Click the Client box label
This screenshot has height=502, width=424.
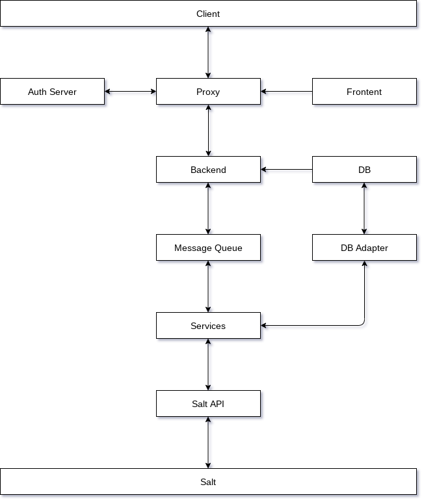click(208, 14)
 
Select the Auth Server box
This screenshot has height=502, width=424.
click(52, 91)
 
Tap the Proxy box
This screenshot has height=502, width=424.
click(208, 91)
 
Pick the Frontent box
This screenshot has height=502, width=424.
click(364, 91)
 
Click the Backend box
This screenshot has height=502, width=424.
click(208, 169)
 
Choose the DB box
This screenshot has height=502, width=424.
click(364, 169)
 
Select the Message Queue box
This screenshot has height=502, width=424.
click(208, 248)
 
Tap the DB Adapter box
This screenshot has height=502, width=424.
click(364, 248)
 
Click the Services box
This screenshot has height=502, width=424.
click(208, 326)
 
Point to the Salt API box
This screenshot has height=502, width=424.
click(208, 404)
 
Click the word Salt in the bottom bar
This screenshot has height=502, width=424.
click(208, 482)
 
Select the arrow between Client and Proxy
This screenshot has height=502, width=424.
click(208, 53)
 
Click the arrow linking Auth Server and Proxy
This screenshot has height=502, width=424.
click(130, 92)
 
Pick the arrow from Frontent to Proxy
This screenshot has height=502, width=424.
click(287, 92)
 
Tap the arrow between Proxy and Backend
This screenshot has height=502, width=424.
click(208, 131)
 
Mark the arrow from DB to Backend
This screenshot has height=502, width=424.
click(287, 169)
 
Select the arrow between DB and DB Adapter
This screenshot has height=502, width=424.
click(364, 209)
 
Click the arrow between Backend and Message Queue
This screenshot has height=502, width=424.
click(208, 209)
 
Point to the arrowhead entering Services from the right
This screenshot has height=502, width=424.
click(263, 326)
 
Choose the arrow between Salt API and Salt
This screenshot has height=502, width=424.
click(208, 443)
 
